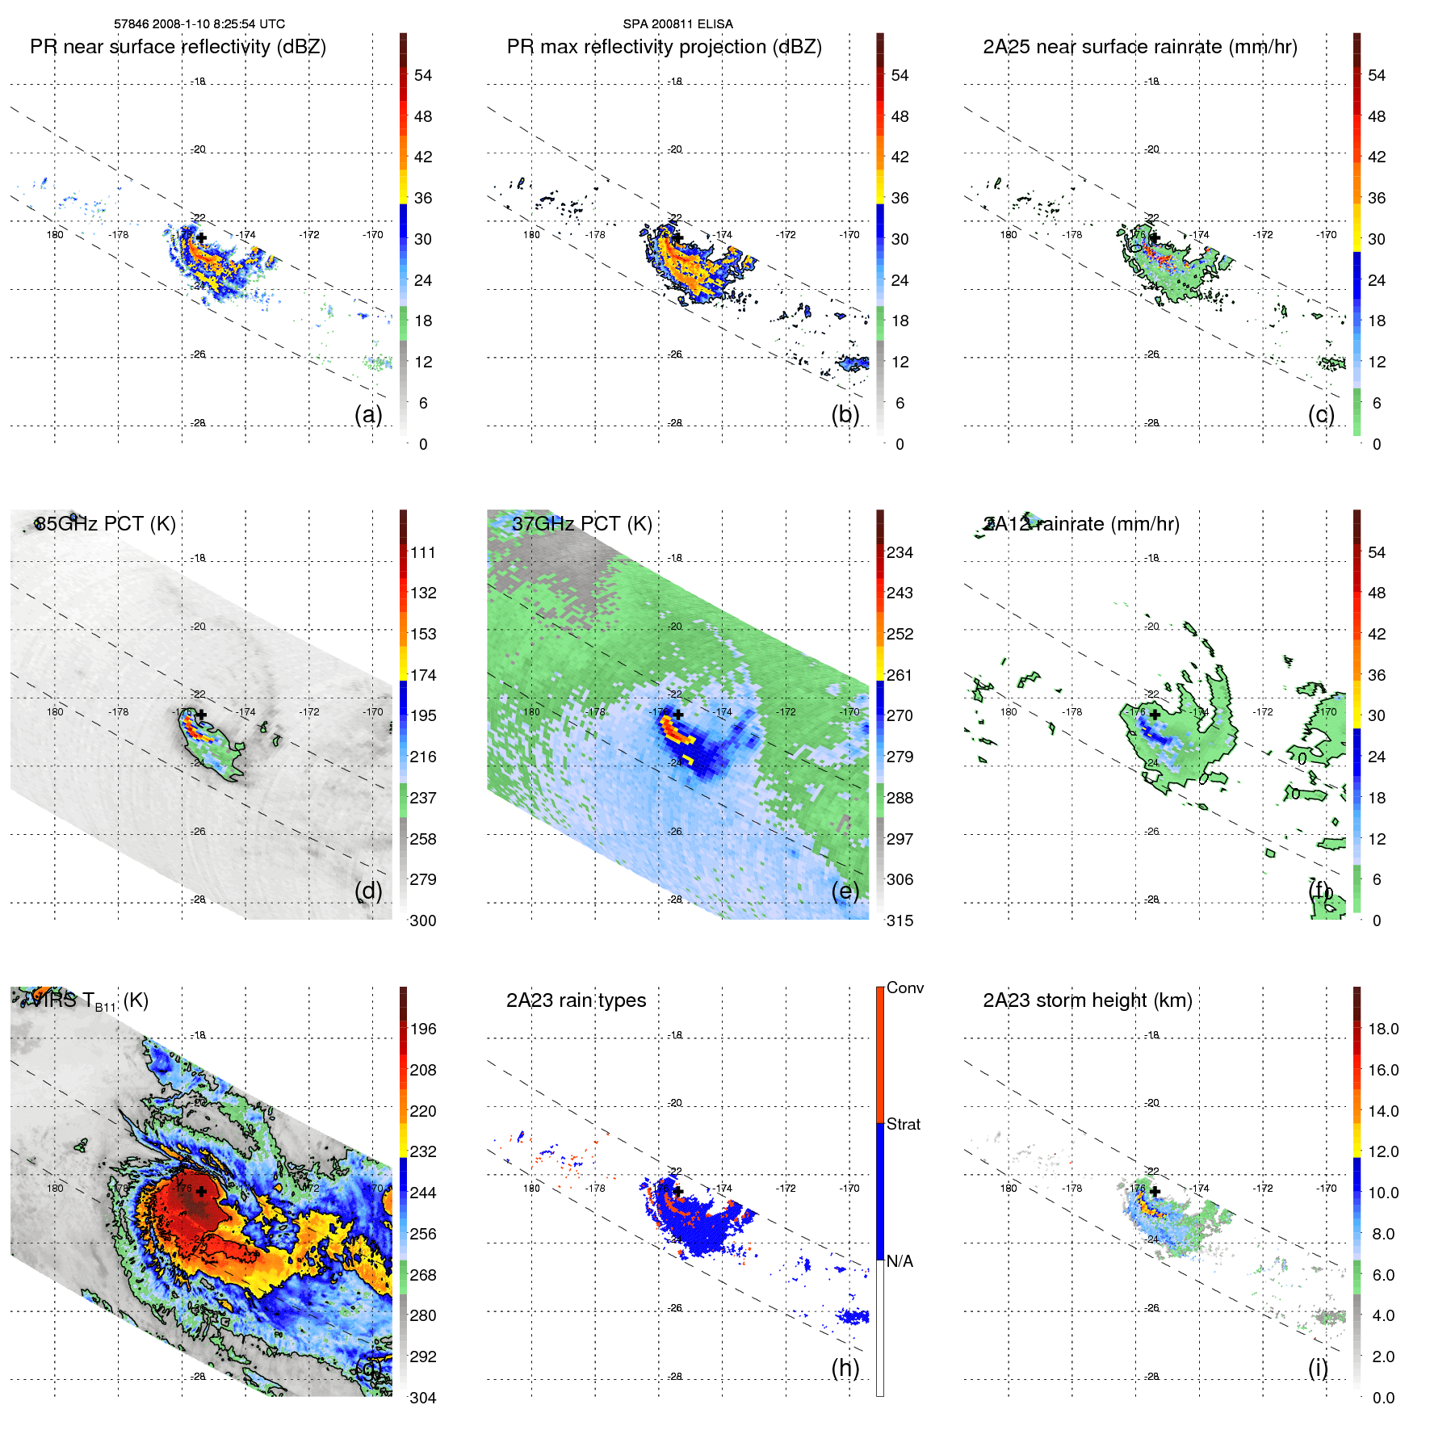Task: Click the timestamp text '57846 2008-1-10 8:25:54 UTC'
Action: point(199,24)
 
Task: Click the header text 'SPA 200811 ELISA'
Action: point(677,24)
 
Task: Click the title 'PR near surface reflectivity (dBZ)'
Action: point(178,47)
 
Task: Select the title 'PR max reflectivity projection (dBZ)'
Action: point(664,47)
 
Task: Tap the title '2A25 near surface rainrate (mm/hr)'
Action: point(1139,47)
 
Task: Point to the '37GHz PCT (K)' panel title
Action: point(581,524)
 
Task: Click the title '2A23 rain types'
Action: point(576,1000)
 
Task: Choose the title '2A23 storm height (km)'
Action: point(1087,1000)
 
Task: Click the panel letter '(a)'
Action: point(368,414)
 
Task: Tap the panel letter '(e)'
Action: point(845,891)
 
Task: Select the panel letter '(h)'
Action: point(845,1368)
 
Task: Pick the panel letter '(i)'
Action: point(1318,1368)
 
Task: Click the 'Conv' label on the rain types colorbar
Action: point(904,988)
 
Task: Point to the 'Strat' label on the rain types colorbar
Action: point(903,1124)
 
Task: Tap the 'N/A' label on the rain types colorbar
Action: point(900,1261)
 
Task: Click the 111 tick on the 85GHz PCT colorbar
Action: point(423,552)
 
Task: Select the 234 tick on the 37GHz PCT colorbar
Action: point(900,552)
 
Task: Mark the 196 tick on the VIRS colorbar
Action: point(423,1029)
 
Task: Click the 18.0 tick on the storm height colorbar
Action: point(1382,1029)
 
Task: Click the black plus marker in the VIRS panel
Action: point(201,1191)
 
